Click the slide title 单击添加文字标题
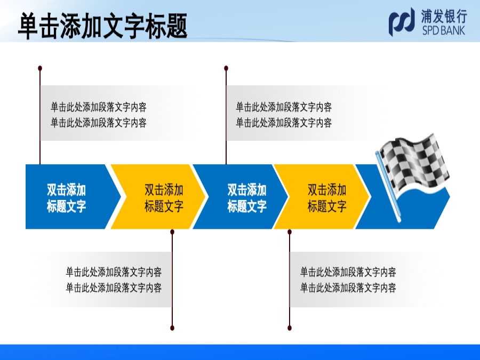(x=103, y=26)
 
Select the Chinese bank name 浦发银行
(x=444, y=16)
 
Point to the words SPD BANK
(x=444, y=30)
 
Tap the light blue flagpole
(x=388, y=187)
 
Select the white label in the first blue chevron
(x=66, y=198)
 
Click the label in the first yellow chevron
(x=164, y=198)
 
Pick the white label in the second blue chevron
(x=247, y=198)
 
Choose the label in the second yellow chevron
(x=327, y=198)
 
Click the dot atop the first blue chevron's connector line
(x=40, y=68)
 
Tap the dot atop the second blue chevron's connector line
(x=226, y=68)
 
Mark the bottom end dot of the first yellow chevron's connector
(x=172, y=328)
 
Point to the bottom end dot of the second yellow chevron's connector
(x=290, y=328)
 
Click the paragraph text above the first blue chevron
(x=99, y=115)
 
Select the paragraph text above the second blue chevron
(x=284, y=115)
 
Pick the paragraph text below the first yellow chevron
(x=114, y=279)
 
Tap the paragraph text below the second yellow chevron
(x=348, y=279)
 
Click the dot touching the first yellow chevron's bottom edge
(x=172, y=232)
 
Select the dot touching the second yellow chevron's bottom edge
(x=290, y=232)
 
